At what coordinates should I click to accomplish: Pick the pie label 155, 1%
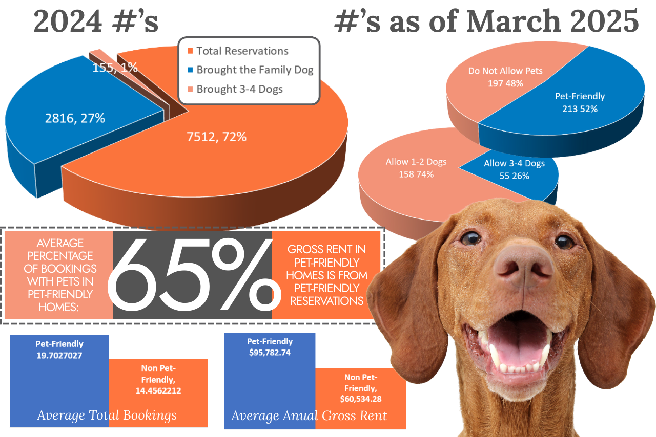coord(115,68)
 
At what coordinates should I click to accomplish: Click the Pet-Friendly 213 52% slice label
coord(580,102)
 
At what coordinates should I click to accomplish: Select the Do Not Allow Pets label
coord(498,77)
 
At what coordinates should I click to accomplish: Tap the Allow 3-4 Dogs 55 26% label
coord(514,169)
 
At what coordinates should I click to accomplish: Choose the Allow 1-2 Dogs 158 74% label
coord(416,168)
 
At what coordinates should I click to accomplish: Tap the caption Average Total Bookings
coord(107,415)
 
